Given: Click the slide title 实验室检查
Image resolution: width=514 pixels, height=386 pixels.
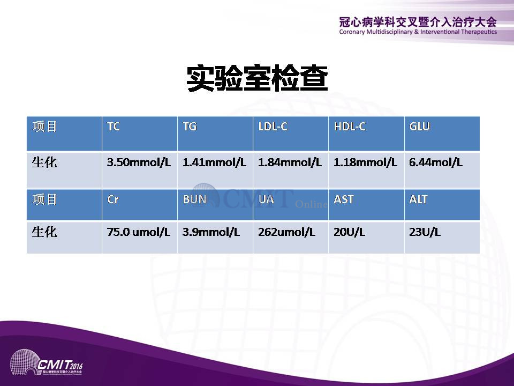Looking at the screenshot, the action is (258, 78).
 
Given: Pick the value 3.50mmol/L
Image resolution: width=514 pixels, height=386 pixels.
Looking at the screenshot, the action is (139, 162).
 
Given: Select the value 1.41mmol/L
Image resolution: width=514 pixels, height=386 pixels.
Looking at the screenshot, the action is (214, 162).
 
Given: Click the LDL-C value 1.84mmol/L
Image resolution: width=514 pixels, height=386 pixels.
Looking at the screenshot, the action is (290, 162).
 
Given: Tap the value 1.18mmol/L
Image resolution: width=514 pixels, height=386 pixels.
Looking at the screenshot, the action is (365, 162).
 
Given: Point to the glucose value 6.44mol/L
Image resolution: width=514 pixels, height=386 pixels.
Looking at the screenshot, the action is (436, 162).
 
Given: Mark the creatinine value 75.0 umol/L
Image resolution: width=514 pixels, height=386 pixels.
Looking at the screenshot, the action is (138, 232).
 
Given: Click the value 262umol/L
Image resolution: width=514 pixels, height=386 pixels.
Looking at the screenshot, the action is (286, 232).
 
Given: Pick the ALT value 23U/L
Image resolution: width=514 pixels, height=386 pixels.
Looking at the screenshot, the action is (425, 232).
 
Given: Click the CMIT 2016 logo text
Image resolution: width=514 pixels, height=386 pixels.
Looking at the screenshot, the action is (59, 365).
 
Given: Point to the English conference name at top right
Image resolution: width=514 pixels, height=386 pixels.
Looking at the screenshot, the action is (418, 32).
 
